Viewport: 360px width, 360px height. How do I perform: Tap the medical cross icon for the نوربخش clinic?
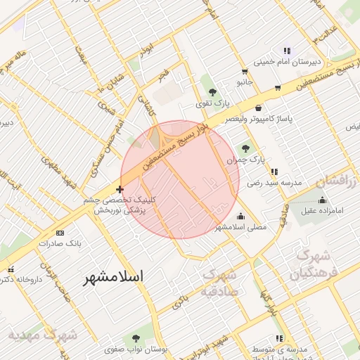click(120, 189)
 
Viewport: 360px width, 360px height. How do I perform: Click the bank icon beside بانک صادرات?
click(59, 232)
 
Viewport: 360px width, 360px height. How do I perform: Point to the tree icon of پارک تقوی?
click(212, 92)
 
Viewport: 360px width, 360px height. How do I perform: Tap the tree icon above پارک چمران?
click(245, 148)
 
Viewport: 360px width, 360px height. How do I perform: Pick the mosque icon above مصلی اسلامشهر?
click(242, 216)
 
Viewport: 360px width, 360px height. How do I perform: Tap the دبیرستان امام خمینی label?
click(286, 61)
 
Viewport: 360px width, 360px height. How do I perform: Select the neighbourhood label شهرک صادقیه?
click(220, 282)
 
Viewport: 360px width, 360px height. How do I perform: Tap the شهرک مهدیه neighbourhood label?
click(42, 335)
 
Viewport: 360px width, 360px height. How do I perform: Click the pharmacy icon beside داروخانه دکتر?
click(10, 269)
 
